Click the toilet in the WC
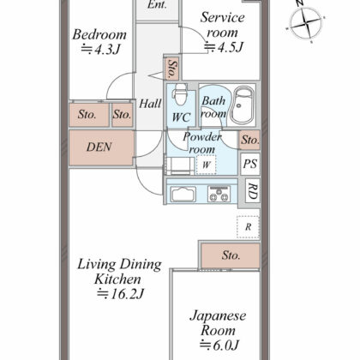coord(181,94)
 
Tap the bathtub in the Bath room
coord(243,105)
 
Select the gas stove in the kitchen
coord(219,194)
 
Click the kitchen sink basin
coord(183,195)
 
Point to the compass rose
coord(306,22)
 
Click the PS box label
coord(250,164)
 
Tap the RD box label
coord(253,191)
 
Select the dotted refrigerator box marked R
coord(248,227)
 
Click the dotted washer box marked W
coord(207,165)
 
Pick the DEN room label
coord(99,147)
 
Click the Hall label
coord(150,103)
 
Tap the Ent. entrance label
coord(157,4)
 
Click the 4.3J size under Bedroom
coord(100,49)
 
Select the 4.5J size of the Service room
coord(224,47)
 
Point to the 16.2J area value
coord(121,294)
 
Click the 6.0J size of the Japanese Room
coord(219,345)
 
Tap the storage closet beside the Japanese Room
coord(231,255)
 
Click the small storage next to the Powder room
coord(249,140)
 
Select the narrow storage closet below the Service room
coord(172,69)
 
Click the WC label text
coord(181,117)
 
